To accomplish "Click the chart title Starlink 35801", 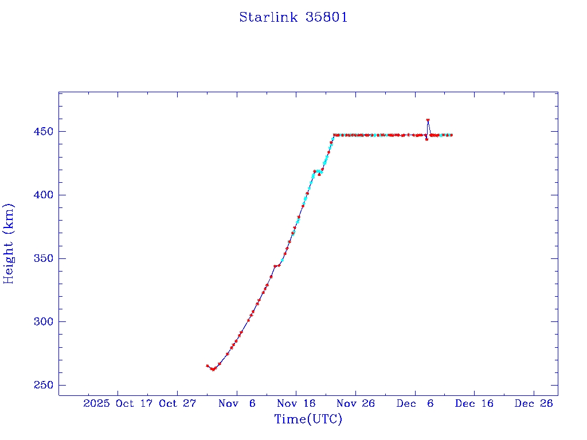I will click(293, 17).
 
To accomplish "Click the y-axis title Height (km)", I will click(9, 243).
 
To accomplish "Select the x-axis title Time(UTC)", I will click(308, 419).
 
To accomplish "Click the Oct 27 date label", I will click(178, 403).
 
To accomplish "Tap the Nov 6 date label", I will click(237, 403).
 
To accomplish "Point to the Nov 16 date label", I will click(296, 403).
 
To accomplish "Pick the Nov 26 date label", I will click(355, 403).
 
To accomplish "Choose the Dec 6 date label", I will click(415, 403).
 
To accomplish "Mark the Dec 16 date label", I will click(474, 403).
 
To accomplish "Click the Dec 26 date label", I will click(534, 403).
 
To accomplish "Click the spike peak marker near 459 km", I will click(428, 120).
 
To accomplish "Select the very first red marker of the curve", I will click(208, 366).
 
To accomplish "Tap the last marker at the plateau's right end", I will click(451, 135).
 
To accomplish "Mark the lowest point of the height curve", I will click(213, 370).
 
